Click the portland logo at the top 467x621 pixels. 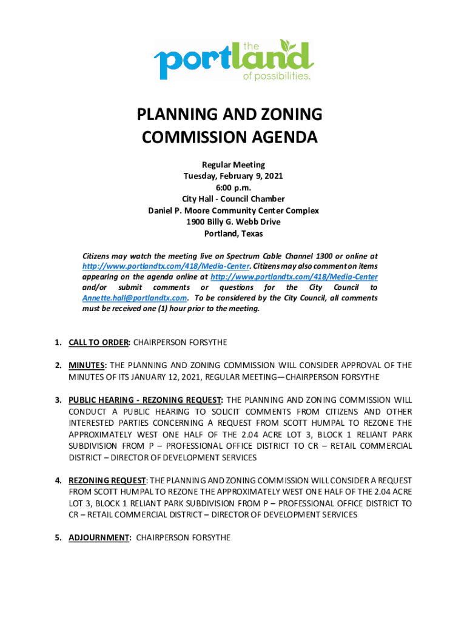(233, 60)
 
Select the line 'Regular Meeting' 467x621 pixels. (233, 164)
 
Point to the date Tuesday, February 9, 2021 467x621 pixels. (233, 176)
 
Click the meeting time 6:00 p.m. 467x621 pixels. (233, 187)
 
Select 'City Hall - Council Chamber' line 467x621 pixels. (233, 199)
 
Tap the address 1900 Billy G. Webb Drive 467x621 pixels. (233, 222)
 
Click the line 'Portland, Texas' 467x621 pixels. (233, 233)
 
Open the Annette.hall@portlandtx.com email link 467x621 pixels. (134, 298)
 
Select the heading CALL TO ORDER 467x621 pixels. (99, 343)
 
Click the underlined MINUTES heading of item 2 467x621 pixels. (87, 365)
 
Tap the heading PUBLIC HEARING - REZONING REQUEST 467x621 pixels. (146, 400)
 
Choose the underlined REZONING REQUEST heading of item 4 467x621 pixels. (107, 480)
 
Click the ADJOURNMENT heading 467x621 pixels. (100, 537)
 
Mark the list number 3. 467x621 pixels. (58, 400)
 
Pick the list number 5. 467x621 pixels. (58, 537)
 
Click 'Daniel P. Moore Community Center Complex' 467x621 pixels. (233, 210)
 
